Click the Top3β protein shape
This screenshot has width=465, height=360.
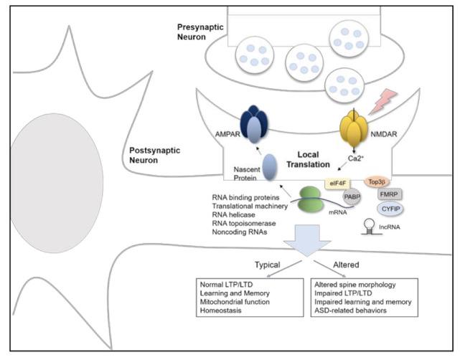pos(378,183)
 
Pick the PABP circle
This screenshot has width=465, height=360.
pos(352,198)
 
